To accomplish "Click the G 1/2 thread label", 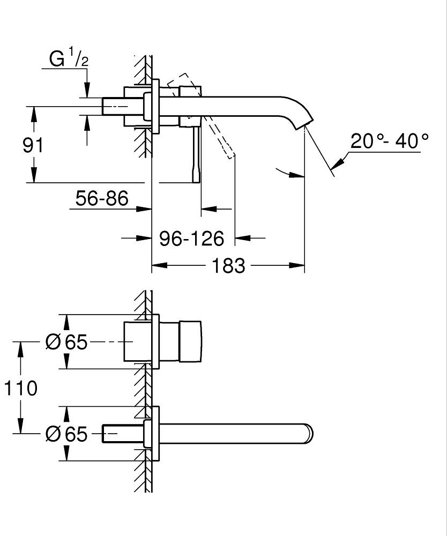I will [x=69, y=60].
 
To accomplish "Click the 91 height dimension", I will [x=33, y=145].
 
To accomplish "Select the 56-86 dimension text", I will [x=102, y=199].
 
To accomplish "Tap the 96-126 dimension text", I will [x=191, y=238].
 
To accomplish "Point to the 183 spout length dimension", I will [x=228, y=265].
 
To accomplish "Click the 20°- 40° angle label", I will [x=390, y=141].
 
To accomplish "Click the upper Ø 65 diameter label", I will [x=66, y=341].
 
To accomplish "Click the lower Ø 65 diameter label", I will [x=66, y=434].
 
